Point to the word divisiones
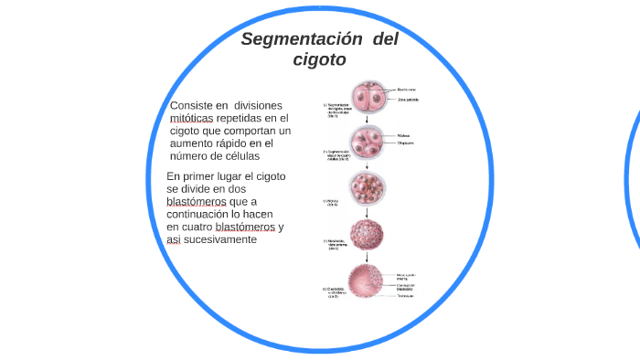259,106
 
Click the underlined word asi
174,239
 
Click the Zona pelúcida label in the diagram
408,99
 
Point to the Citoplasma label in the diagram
405,143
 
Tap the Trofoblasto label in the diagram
408,295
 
